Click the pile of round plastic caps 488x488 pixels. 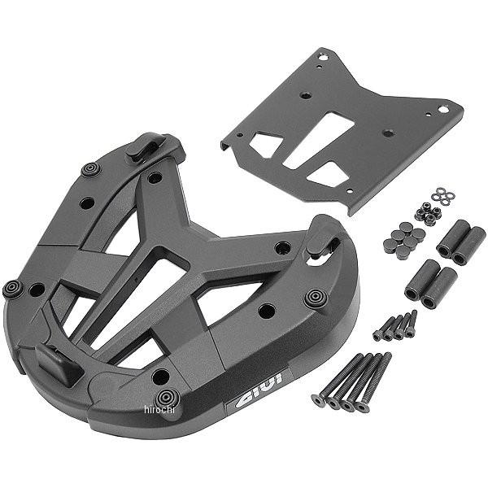pos(404,242)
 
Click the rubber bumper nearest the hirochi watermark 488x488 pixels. pos(167,397)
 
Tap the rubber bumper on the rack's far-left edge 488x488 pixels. pos(13,289)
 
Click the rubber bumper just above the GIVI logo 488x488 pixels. pos(313,298)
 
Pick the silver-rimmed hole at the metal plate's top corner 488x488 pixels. pos(324,57)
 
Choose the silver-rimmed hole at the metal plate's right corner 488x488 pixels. pos(442,107)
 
